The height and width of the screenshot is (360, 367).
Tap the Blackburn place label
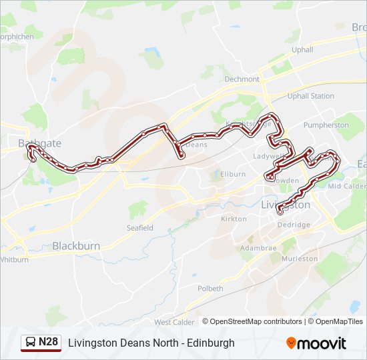pyautogui.click(x=76, y=246)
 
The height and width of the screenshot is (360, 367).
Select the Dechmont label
pyautogui.click(x=242, y=79)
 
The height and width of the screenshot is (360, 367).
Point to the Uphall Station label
pyautogui.click(x=310, y=96)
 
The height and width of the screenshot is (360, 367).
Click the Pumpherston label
pyautogui.click(x=326, y=125)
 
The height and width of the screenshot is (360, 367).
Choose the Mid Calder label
pyautogui.click(x=346, y=186)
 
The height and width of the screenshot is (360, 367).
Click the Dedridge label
pyautogui.click(x=294, y=225)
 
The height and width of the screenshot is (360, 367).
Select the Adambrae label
pyautogui.click(x=258, y=247)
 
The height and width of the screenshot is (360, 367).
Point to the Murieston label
pyautogui.click(x=300, y=258)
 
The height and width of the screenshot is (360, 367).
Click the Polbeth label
pyautogui.click(x=210, y=289)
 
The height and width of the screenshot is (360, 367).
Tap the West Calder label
pyautogui.click(x=174, y=322)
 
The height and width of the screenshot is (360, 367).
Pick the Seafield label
pyautogui.click(x=140, y=228)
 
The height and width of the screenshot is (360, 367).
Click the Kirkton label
pyautogui.click(x=234, y=219)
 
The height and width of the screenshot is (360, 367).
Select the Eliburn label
pyautogui.click(x=233, y=174)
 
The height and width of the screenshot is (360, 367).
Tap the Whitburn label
pyautogui.click(x=14, y=259)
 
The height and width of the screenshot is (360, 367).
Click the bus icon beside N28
pyautogui.click(x=30, y=342)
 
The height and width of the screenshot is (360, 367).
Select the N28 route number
pyautogui.click(x=48, y=342)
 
